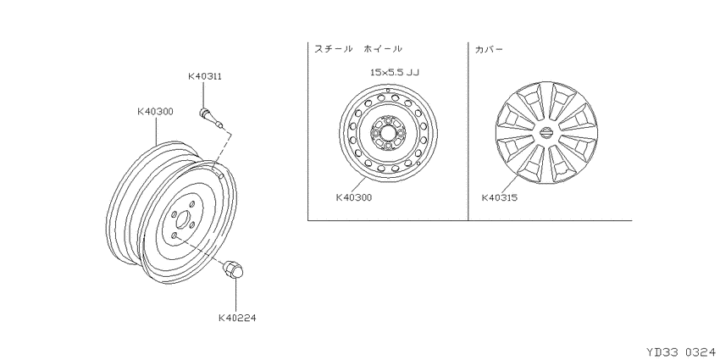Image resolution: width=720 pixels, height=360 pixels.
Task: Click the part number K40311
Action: click(x=205, y=76)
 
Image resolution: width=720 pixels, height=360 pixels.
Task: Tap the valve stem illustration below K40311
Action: click(x=211, y=118)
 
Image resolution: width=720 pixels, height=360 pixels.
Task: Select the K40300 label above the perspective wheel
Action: click(x=155, y=111)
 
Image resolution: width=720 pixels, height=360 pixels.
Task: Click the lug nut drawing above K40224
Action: click(x=233, y=269)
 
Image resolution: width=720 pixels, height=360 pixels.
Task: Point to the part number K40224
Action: click(x=237, y=318)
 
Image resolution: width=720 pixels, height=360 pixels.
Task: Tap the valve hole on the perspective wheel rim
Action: click(x=220, y=175)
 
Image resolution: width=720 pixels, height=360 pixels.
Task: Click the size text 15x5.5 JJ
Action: click(x=395, y=72)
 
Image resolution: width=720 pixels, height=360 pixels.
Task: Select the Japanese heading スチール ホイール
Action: click(x=358, y=48)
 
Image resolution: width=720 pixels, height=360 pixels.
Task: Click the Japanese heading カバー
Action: click(x=489, y=48)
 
